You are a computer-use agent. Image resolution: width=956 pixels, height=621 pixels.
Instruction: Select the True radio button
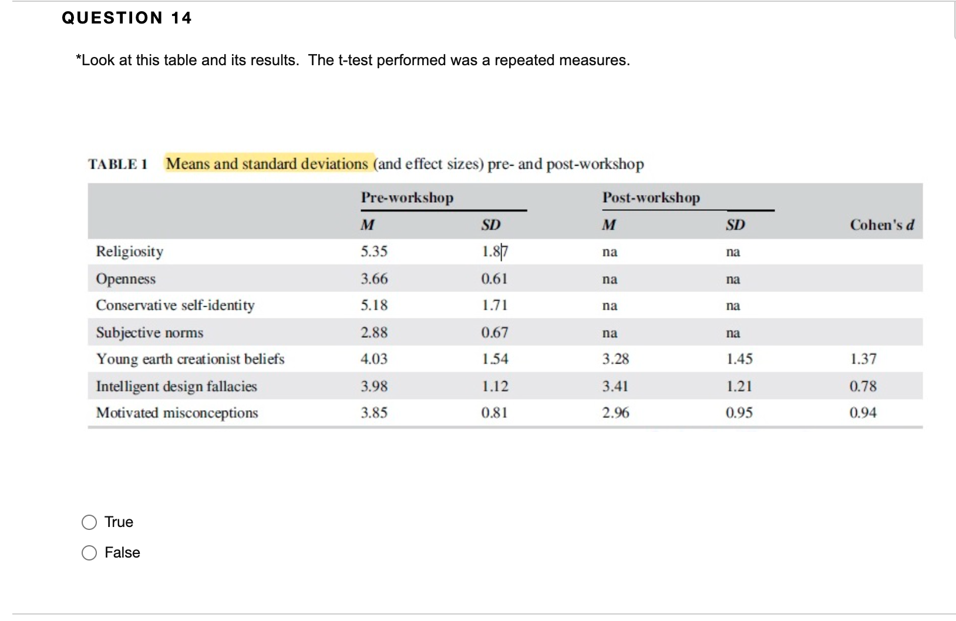[89, 522]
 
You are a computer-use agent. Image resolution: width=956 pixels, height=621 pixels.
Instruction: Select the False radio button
[89, 553]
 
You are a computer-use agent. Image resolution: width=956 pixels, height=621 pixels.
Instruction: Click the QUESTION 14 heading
[127, 18]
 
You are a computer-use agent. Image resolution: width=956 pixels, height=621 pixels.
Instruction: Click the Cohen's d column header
[882, 225]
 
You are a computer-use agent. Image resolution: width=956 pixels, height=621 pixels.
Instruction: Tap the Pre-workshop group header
[407, 197]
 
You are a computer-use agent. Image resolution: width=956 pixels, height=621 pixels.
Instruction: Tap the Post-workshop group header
[651, 197]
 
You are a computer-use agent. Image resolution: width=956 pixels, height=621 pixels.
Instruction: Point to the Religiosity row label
[130, 251]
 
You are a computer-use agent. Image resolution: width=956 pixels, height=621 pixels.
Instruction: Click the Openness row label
[126, 278]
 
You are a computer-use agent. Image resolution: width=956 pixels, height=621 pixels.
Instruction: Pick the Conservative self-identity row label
[175, 306]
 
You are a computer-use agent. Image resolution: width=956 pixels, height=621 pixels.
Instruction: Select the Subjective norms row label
[150, 333]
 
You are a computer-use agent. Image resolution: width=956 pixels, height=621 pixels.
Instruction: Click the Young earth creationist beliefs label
[190, 359]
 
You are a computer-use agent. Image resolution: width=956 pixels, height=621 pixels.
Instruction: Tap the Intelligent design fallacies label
[176, 386]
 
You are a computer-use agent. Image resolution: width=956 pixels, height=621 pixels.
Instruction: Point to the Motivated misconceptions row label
[177, 413]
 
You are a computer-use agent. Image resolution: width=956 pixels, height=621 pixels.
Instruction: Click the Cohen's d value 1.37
[863, 359]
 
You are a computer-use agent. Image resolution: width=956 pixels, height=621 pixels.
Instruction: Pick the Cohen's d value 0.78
[863, 386]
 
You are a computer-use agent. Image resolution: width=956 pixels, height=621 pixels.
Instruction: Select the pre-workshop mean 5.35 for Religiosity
[374, 251]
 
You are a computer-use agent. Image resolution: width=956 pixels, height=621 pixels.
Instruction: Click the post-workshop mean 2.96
[615, 413]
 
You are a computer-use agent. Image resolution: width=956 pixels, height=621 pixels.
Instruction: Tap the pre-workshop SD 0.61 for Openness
[494, 278]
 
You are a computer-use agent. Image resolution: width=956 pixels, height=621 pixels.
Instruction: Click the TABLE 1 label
[117, 164]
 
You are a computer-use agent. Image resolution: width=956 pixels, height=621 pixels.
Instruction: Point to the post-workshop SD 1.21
[739, 386]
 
